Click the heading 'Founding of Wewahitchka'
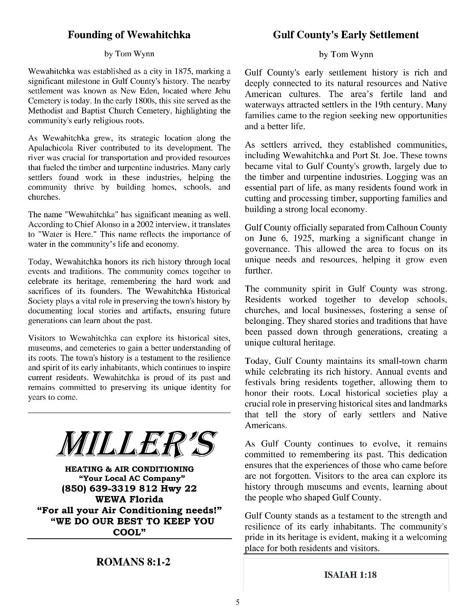129,35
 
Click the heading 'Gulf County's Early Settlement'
346,35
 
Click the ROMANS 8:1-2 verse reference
133,562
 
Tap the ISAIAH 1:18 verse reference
350,575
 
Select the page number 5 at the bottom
238,603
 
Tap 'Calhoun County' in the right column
416,228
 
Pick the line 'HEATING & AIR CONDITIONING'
129,469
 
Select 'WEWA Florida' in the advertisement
129,499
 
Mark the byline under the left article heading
129,54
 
